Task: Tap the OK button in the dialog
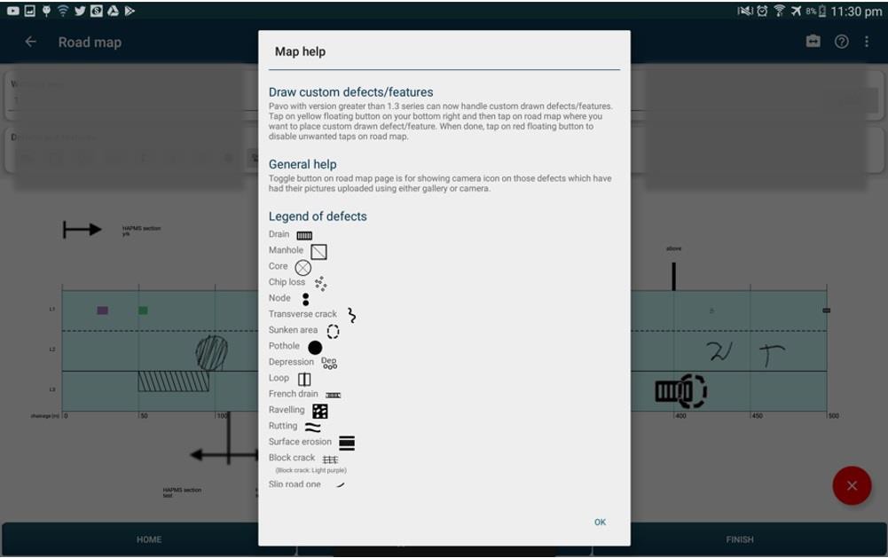[600, 522]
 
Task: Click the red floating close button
[852, 485]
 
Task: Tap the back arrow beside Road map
[31, 42]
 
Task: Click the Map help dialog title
[300, 51]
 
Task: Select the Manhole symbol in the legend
[318, 252]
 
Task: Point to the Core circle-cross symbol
[303, 267]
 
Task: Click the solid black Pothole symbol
[315, 347]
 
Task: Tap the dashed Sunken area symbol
[333, 331]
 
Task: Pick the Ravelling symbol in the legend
[320, 411]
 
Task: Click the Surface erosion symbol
[347, 443]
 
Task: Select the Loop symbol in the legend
[304, 379]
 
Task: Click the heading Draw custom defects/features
[350, 92]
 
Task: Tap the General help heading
[303, 164]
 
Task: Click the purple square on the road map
[103, 310]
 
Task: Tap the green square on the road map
[143, 310]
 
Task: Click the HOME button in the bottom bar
[149, 539]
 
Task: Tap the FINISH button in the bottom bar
[739, 539]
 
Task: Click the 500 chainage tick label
[833, 415]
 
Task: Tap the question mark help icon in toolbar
[842, 42]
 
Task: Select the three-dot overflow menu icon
[867, 42]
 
